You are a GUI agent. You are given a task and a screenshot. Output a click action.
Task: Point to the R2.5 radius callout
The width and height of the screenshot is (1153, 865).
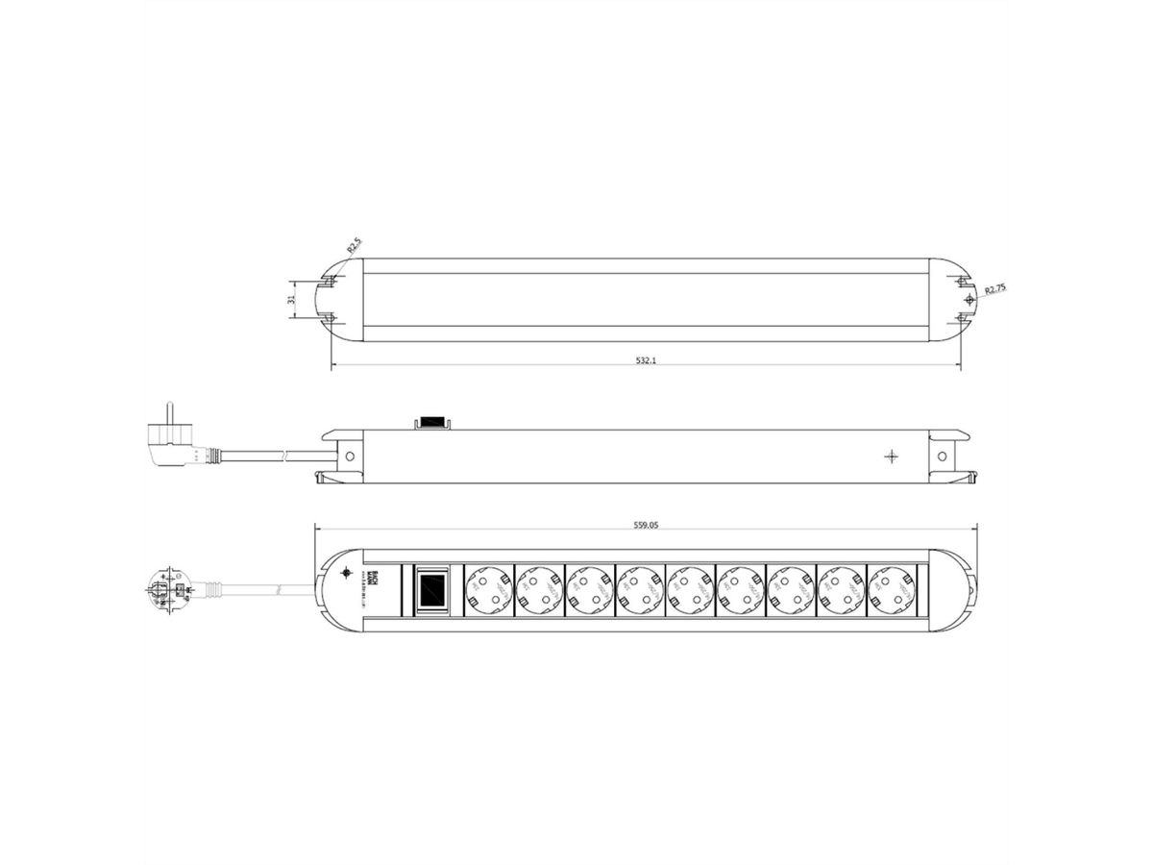(354, 247)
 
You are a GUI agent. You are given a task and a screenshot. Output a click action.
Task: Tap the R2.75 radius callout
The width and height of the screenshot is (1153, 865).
(992, 288)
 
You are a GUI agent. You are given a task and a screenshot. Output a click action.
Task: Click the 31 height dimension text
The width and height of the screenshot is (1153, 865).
(292, 299)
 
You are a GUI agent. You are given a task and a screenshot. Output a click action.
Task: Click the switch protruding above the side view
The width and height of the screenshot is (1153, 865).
(431, 422)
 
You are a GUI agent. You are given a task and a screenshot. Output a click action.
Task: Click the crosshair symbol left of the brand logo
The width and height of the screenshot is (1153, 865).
(347, 573)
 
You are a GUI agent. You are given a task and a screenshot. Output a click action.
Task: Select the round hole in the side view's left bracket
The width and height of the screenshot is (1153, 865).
(350, 456)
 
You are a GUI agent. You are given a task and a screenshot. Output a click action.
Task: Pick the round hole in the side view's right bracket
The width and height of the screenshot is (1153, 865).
(943, 456)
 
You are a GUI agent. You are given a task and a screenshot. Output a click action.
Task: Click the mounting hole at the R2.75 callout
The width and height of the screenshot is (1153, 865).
(968, 300)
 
